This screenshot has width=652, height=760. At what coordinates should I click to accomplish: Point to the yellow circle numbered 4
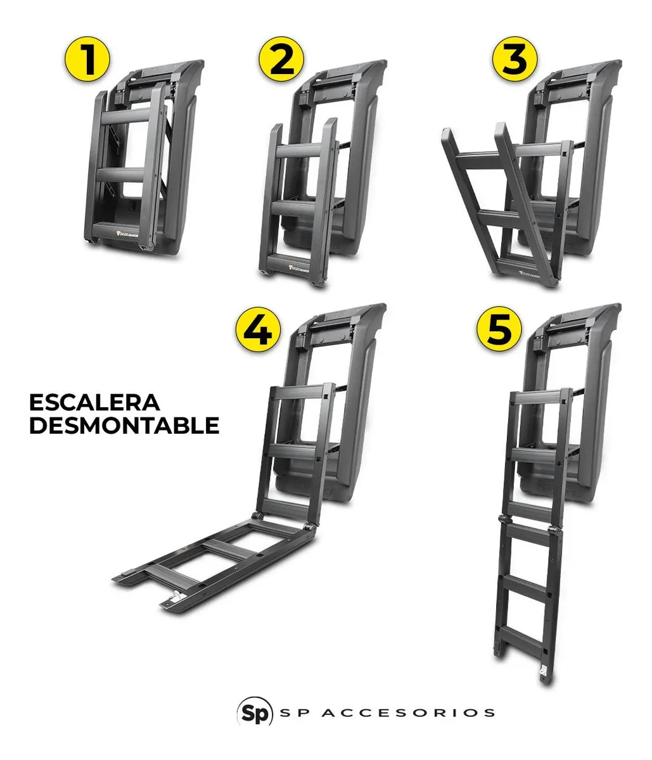[258, 331]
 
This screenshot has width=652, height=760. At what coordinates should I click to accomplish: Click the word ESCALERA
[94, 403]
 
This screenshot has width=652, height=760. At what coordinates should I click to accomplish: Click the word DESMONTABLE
[124, 426]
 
